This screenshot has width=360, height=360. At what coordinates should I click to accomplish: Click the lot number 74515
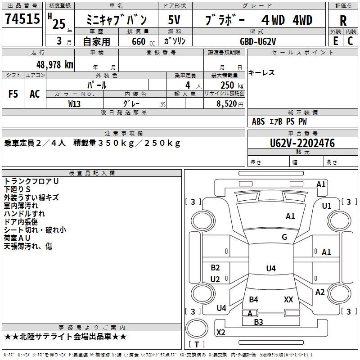(x=22, y=20)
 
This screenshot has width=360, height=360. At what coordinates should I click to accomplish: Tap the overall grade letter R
(x=343, y=21)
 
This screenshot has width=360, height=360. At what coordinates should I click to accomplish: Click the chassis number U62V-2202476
(x=302, y=144)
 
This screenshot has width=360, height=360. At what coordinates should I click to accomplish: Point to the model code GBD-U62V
(x=258, y=41)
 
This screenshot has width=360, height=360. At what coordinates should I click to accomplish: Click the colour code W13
(x=74, y=103)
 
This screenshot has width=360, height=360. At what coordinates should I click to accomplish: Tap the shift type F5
(x=13, y=94)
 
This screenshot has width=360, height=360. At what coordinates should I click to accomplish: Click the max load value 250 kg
(x=232, y=85)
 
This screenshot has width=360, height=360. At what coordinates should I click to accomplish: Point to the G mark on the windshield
(x=284, y=237)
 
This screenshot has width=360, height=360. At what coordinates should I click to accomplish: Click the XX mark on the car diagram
(x=288, y=299)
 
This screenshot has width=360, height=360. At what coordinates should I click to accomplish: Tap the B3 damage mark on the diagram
(x=258, y=322)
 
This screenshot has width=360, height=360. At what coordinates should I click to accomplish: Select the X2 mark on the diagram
(x=221, y=333)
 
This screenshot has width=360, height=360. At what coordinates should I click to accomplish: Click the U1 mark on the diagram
(x=327, y=206)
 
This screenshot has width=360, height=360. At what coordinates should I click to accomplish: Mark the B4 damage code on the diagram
(x=253, y=299)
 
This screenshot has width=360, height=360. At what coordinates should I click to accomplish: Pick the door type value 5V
(x=175, y=20)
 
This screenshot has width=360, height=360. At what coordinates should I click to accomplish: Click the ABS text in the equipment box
(x=258, y=121)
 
